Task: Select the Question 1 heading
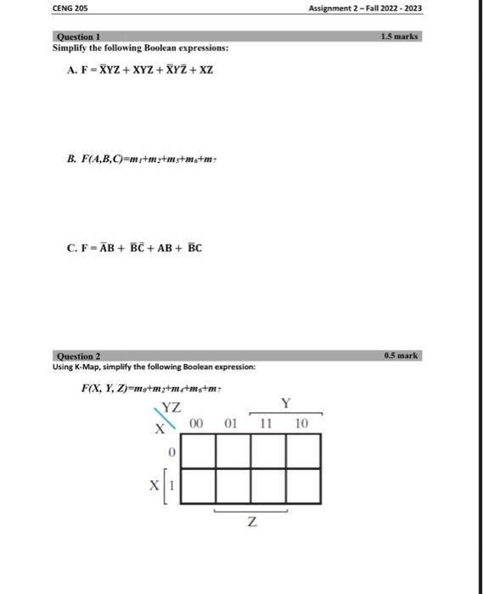[x=77, y=37]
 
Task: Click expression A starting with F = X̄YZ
[x=140, y=70]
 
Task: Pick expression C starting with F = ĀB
[x=134, y=249]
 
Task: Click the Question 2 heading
[x=77, y=356]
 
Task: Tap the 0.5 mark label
[x=402, y=356]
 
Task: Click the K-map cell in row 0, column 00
[x=199, y=451]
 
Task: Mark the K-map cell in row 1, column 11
[x=268, y=486]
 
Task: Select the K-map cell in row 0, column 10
[x=303, y=451]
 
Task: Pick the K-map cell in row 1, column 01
[x=233, y=486]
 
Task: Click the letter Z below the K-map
[x=250, y=525]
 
